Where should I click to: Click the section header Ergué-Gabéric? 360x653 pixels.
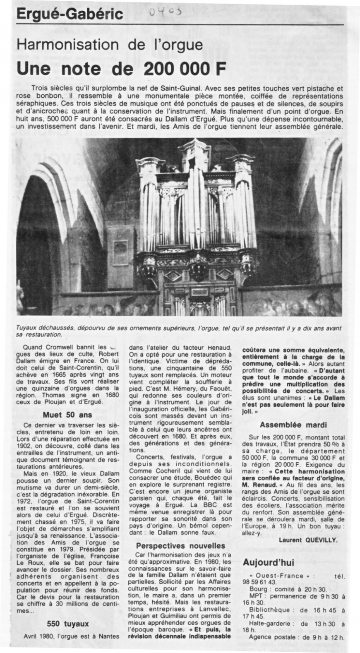click(70, 14)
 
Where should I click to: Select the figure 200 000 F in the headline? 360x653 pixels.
click(185, 68)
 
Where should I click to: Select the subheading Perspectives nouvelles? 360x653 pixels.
click(180, 546)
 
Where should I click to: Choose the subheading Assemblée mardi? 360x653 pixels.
click(293, 425)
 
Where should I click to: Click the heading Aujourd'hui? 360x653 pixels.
click(269, 562)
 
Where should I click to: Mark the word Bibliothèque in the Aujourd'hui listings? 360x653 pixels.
click(269, 610)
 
